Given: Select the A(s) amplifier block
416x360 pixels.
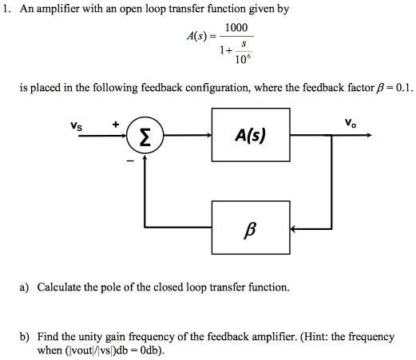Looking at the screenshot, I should click(250, 136).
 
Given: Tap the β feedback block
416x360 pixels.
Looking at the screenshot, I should click(250, 229).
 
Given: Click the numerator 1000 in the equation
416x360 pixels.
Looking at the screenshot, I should click(236, 29).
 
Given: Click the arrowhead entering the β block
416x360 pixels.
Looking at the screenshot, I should click(293, 229).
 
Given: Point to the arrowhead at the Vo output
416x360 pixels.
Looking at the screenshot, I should click(368, 136).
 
